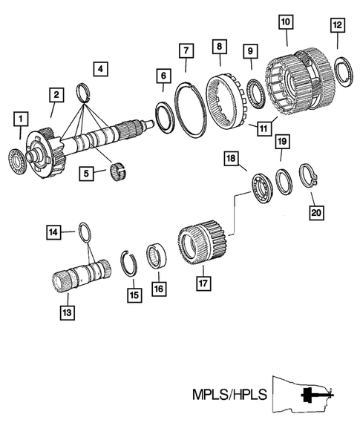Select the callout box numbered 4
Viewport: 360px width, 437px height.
pos(102,70)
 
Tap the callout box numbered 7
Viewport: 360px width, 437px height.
pos(186,50)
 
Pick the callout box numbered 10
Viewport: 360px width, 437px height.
pos(286,22)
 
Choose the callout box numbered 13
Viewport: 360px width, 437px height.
pos(66,313)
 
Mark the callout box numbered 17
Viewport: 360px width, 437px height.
pos(200,283)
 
